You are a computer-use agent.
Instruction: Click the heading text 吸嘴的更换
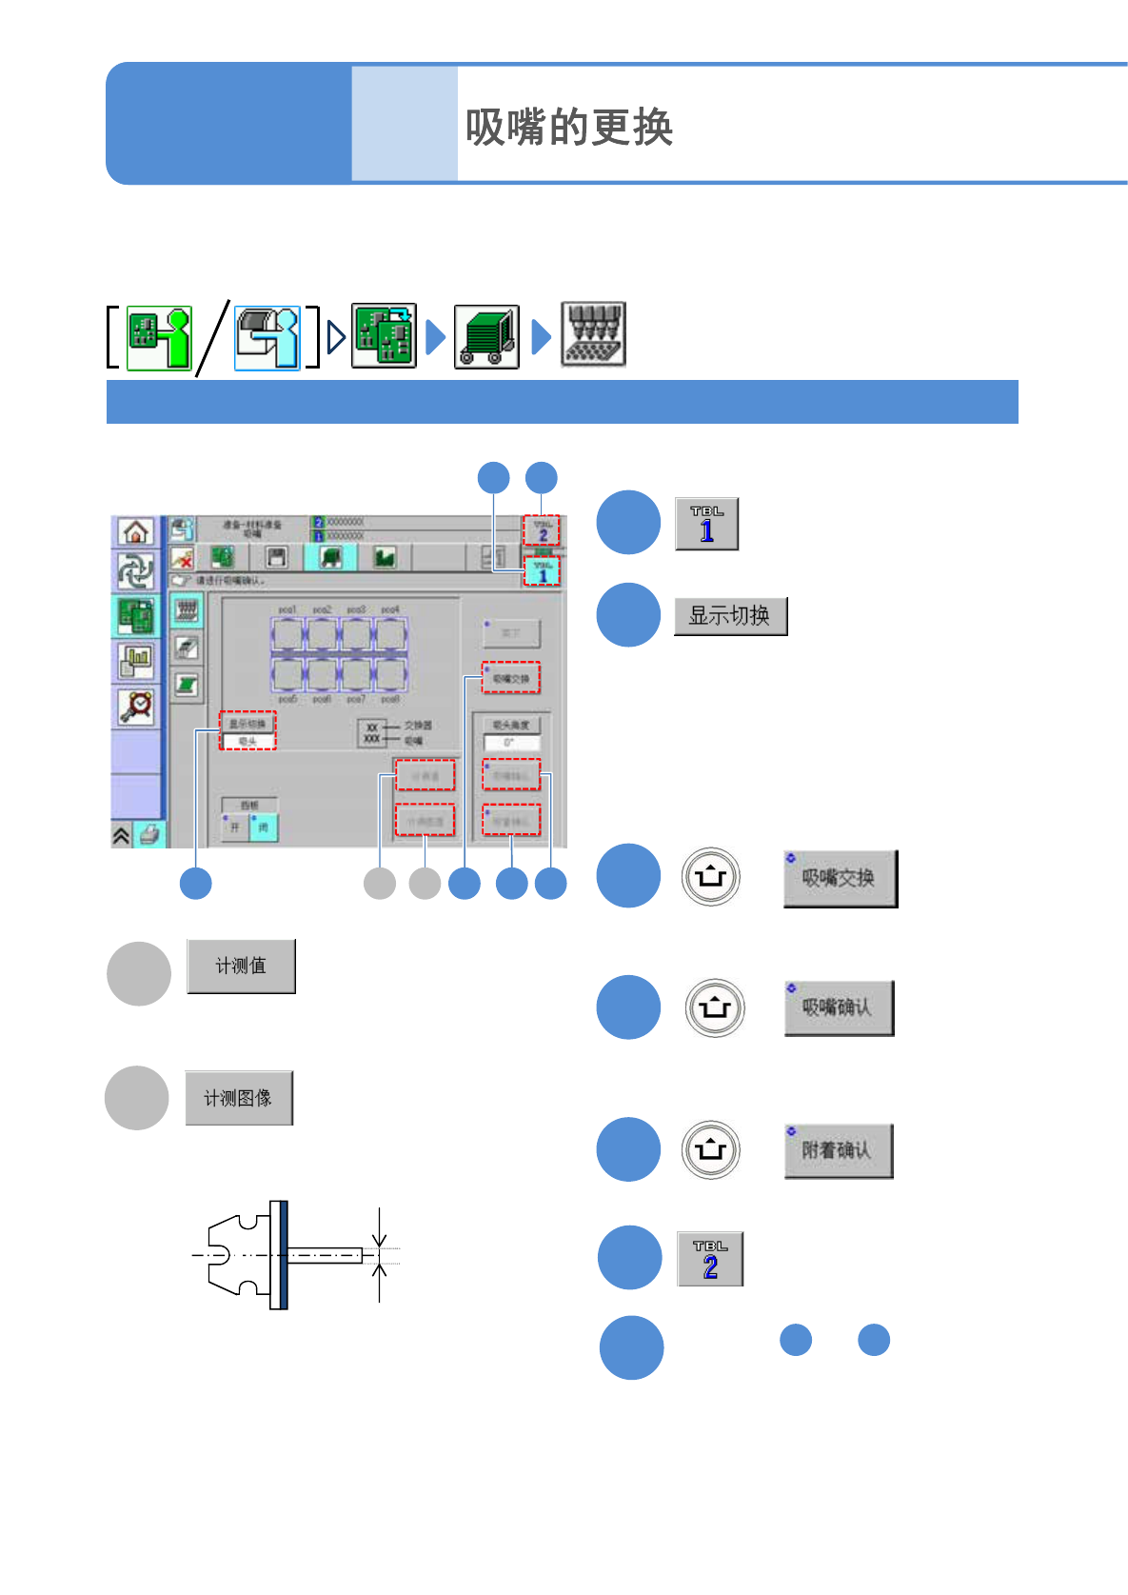[x=568, y=127]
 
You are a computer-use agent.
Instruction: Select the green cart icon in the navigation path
[x=486, y=336]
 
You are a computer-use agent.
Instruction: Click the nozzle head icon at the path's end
[x=593, y=334]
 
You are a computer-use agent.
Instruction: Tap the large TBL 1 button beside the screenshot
[x=706, y=523]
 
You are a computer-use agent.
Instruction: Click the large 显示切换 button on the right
[x=730, y=616]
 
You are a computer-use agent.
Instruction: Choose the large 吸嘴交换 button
[x=840, y=878]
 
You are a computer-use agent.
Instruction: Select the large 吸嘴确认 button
[x=839, y=1007]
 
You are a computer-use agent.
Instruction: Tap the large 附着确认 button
[x=838, y=1150]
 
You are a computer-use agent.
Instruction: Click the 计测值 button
[x=241, y=966]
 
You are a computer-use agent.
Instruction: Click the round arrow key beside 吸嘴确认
[x=714, y=1007]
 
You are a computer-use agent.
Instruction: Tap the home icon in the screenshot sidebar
[x=136, y=531]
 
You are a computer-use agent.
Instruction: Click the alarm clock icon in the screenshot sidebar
[x=137, y=706]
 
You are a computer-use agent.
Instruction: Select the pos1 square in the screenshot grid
[x=287, y=633]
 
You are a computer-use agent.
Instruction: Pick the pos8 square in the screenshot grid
[x=390, y=674]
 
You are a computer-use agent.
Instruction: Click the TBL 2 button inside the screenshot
[x=542, y=530]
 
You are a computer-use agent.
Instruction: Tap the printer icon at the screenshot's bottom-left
[x=149, y=835]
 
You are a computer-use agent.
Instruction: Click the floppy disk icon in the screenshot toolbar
[x=276, y=557]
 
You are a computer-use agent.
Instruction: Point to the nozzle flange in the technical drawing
[x=279, y=1254]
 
